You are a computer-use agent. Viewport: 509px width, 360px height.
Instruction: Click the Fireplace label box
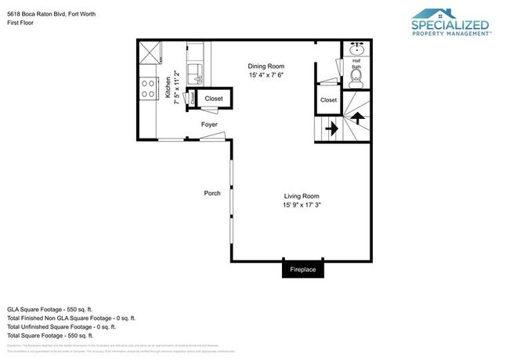(302, 270)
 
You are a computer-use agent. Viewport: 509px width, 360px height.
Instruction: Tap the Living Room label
(301, 196)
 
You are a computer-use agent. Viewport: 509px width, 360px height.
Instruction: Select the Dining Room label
(265, 67)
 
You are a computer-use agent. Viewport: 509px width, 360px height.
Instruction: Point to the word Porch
(211, 193)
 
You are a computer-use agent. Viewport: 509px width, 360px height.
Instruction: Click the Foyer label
(209, 124)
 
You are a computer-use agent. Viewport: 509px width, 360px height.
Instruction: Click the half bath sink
(357, 49)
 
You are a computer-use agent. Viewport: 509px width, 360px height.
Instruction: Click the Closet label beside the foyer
(214, 99)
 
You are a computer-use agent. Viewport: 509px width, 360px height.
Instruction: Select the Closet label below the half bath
(328, 100)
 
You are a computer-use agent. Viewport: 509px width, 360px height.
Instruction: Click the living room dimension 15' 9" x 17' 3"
(301, 205)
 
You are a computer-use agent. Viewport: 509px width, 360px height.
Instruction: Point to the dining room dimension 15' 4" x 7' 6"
(265, 76)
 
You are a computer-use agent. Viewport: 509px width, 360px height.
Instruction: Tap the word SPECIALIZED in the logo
(450, 25)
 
